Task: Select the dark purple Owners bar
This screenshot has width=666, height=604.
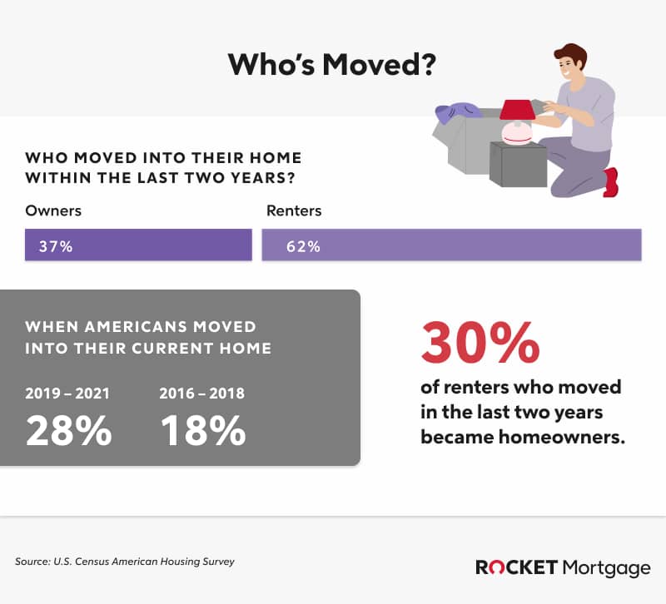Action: click(138, 246)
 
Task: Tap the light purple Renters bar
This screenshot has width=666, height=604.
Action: click(451, 246)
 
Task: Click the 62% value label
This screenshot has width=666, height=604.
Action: click(303, 247)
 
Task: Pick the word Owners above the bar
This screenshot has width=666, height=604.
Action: click(53, 211)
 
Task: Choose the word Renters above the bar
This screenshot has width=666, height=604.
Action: click(294, 211)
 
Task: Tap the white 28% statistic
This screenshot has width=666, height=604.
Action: click(68, 429)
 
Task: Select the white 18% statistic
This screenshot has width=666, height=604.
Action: click(202, 429)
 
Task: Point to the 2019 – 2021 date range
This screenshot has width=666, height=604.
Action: click(67, 393)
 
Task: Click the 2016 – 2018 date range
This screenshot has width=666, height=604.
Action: click(201, 393)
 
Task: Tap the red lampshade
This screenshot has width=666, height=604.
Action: click(517, 110)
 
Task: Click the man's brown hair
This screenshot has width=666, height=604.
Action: click(571, 54)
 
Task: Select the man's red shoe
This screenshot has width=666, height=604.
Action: click(612, 181)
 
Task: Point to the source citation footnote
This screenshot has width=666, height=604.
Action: click(125, 562)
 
